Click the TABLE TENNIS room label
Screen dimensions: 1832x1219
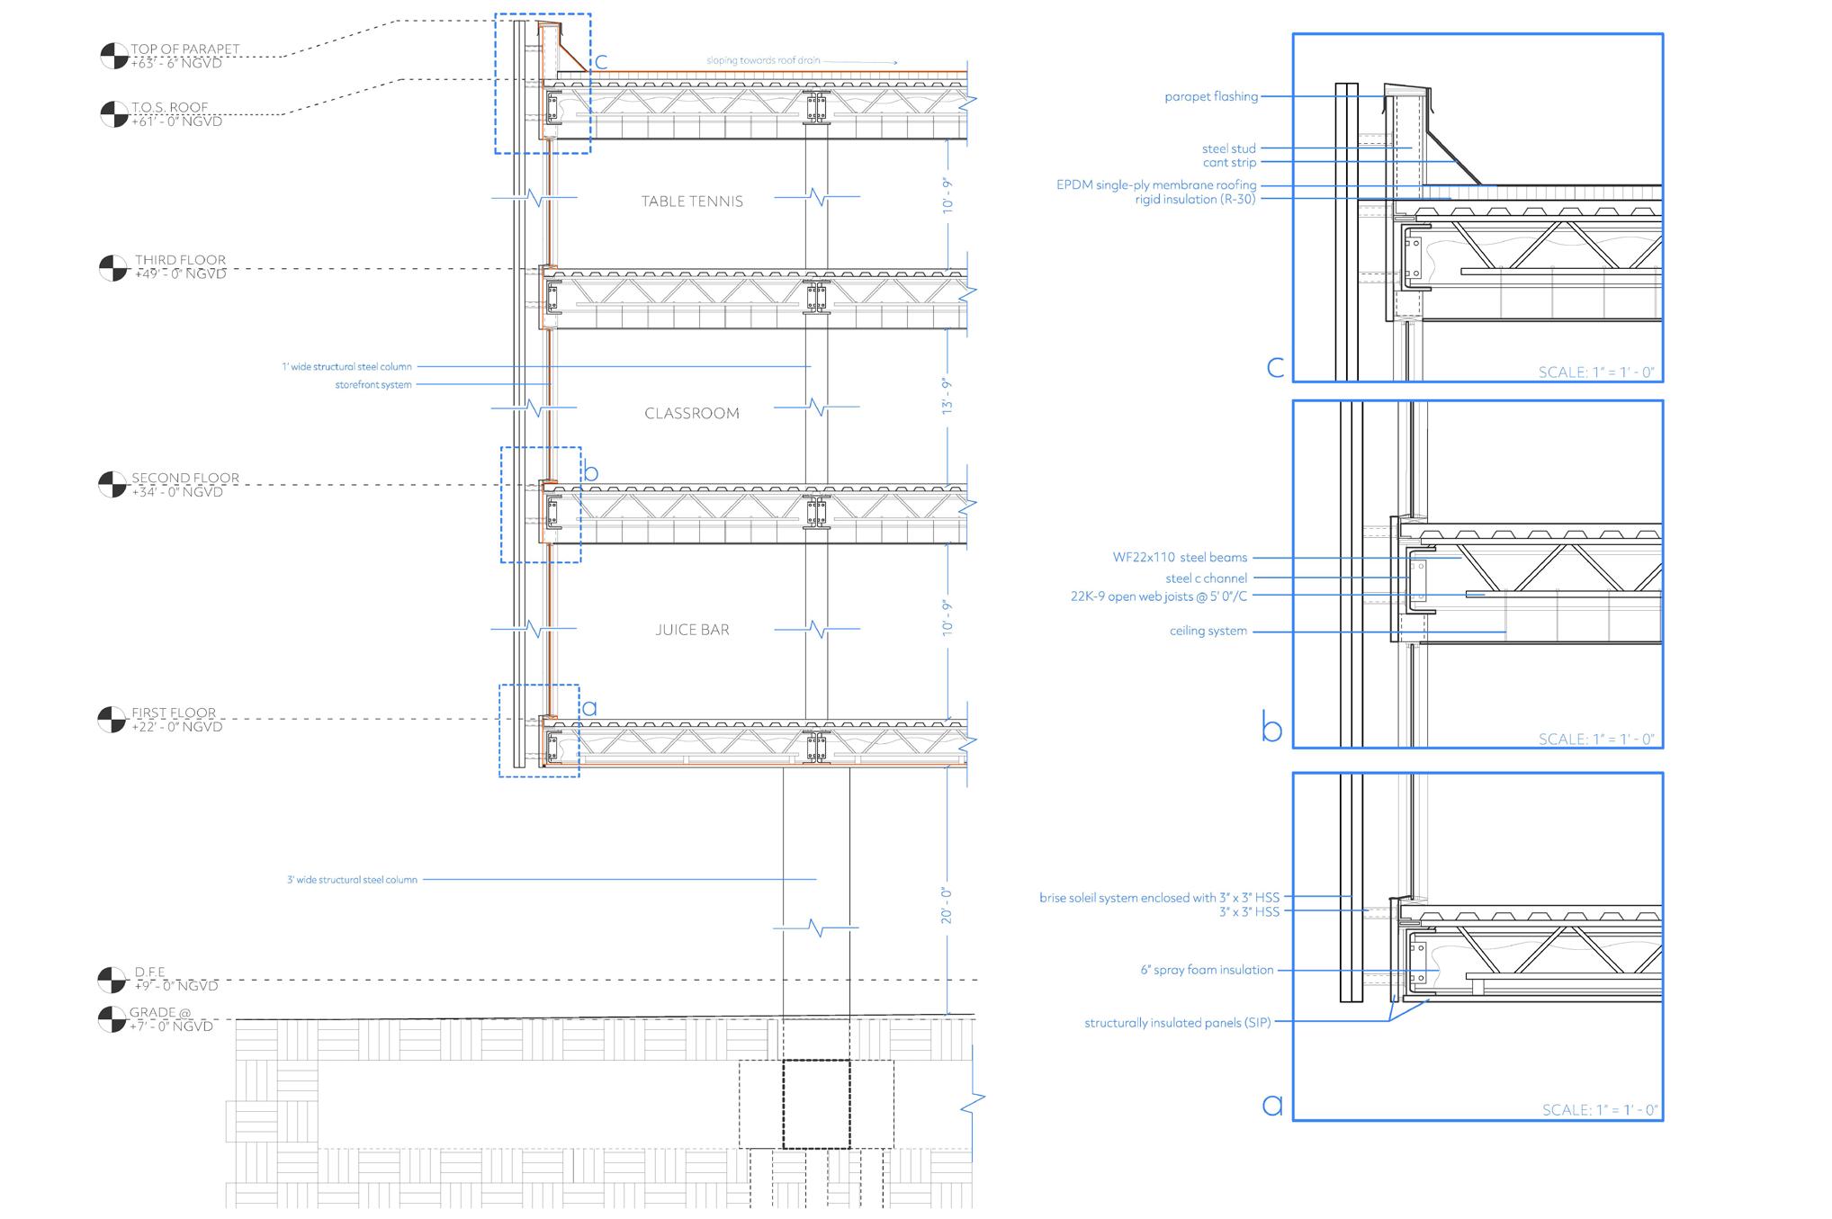tap(692, 202)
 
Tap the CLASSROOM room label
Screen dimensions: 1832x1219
tap(692, 414)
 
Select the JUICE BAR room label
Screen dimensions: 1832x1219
tap(692, 630)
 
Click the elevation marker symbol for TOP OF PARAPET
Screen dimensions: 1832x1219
tap(113, 56)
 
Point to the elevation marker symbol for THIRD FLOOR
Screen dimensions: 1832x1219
tap(112, 268)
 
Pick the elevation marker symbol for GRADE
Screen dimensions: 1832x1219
tap(112, 1019)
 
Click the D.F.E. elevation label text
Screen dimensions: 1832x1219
tap(150, 973)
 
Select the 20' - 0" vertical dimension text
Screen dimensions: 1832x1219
tap(947, 905)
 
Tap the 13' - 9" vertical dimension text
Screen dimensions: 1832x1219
tap(947, 395)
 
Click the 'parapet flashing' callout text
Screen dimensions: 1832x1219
tap(1211, 97)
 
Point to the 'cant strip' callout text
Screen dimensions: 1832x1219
tap(1229, 163)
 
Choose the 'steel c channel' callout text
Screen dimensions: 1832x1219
tap(1206, 578)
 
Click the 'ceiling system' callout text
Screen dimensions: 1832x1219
tap(1208, 632)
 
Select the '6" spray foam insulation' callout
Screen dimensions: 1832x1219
tap(1207, 970)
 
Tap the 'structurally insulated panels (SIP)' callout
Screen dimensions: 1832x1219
tap(1177, 1023)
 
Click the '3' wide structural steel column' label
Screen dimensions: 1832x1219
tap(352, 880)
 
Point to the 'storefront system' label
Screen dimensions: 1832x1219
tap(373, 385)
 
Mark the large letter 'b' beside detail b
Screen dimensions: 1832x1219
tap(1271, 727)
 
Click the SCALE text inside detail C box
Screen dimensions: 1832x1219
tap(1595, 372)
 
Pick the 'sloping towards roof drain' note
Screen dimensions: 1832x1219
tap(763, 60)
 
